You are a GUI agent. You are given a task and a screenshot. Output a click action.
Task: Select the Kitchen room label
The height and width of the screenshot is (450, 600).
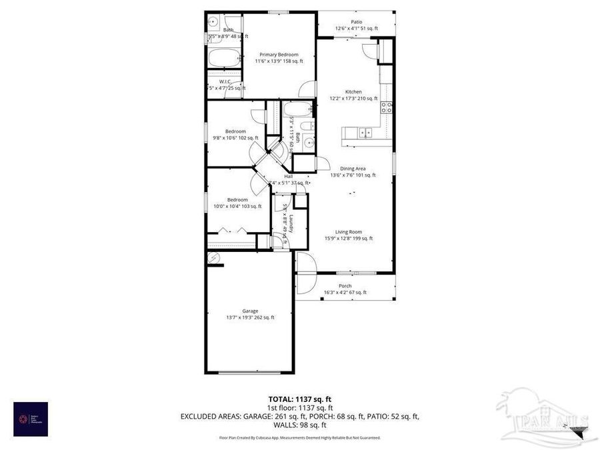pyautogui.click(x=353, y=91)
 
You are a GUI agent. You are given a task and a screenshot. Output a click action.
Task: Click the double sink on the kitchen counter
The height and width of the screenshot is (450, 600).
pyautogui.click(x=365, y=133)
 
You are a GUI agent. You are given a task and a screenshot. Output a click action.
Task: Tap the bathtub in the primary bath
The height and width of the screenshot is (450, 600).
pyautogui.click(x=223, y=58)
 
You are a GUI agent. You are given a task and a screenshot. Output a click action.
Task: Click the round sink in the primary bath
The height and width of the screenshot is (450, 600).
pyautogui.click(x=213, y=21)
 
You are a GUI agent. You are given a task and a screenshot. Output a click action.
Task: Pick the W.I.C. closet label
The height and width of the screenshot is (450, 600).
pyautogui.click(x=225, y=81)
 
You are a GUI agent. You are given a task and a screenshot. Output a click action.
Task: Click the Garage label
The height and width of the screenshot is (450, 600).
pyautogui.click(x=251, y=311)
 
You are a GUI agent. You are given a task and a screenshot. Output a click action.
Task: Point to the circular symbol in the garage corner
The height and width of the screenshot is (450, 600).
pyautogui.click(x=213, y=258)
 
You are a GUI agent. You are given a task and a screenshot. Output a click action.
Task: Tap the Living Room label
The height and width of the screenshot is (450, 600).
pyautogui.click(x=348, y=232)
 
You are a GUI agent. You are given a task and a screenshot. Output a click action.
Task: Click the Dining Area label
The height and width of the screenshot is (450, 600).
pyautogui.click(x=353, y=169)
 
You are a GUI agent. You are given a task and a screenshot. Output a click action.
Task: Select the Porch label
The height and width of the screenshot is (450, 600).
pyautogui.click(x=345, y=286)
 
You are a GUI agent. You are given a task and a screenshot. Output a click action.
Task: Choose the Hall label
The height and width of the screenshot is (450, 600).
pyautogui.click(x=289, y=177)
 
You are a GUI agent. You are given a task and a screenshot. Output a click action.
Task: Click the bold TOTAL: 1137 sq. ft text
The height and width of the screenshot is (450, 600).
pyautogui.click(x=299, y=399)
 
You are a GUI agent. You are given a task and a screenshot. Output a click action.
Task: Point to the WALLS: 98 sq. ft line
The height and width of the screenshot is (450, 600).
pyautogui.click(x=300, y=425)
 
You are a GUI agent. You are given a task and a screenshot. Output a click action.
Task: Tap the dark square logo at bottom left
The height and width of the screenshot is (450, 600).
pyautogui.click(x=31, y=419)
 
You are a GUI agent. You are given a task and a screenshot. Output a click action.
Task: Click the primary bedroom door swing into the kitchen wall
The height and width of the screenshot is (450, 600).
pyautogui.click(x=307, y=89)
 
